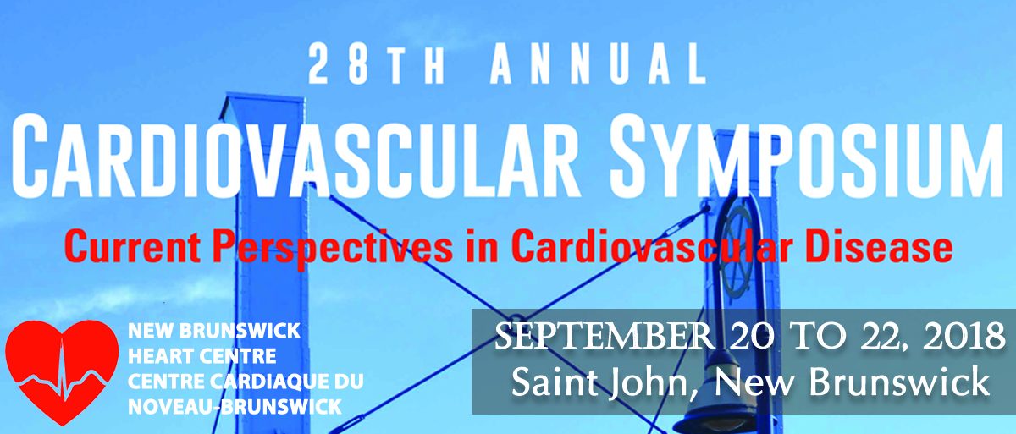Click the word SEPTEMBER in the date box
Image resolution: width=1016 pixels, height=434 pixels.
[x=603, y=337]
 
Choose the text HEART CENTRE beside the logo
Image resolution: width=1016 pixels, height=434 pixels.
[x=202, y=356]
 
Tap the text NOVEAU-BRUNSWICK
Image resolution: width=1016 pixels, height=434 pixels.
[x=235, y=407]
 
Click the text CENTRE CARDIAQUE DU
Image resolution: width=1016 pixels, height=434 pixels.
[x=246, y=382]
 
